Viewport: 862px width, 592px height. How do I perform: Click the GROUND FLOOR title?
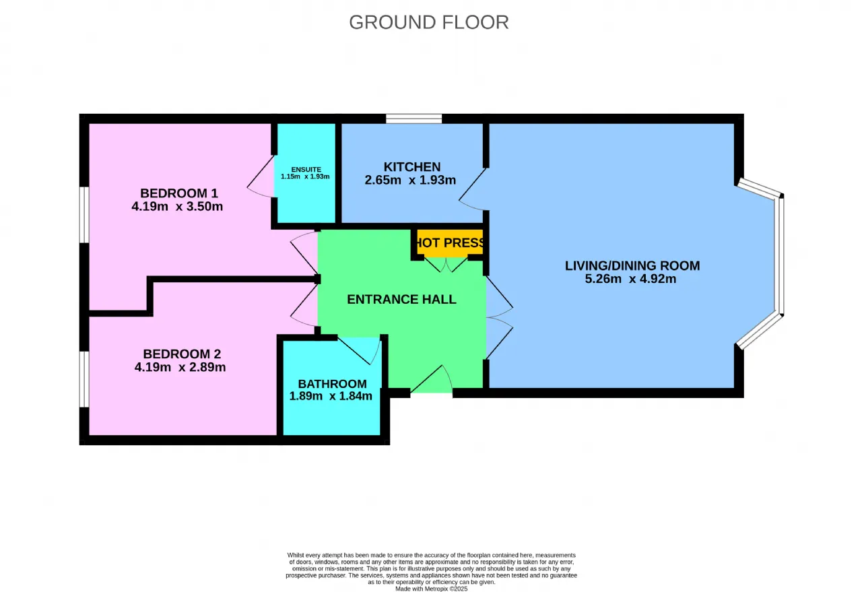click(x=429, y=22)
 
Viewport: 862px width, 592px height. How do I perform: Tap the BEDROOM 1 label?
click(x=179, y=193)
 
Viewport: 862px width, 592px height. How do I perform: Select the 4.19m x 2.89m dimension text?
click(x=180, y=367)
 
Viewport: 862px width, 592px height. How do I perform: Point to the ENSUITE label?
click(x=306, y=169)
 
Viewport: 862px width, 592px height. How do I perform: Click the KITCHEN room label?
click(x=412, y=166)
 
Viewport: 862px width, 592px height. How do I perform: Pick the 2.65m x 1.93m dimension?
click(x=410, y=180)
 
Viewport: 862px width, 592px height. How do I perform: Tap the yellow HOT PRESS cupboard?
click(x=450, y=242)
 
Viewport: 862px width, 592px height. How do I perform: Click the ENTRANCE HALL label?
click(x=402, y=299)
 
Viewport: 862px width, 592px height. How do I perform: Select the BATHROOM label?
click(x=333, y=384)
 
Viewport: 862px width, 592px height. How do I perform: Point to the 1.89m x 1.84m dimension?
click(x=331, y=396)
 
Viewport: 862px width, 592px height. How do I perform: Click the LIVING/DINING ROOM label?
click(x=632, y=265)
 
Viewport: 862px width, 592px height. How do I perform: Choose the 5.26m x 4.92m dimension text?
click(x=630, y=279)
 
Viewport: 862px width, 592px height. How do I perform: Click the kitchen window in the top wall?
click(x=414, y=119)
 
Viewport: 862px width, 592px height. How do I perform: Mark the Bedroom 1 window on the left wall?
click(x=84, y=215)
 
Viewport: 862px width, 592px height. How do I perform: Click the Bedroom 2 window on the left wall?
click(x=84, y=379)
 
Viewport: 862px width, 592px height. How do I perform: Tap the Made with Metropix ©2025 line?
click(x=432, y=589)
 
